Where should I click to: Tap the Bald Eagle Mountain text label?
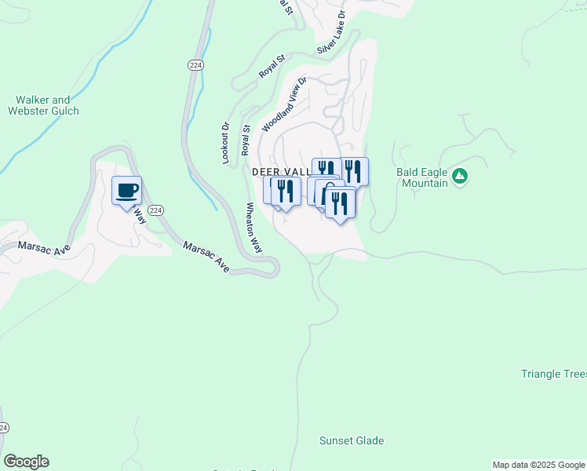click(421, 177)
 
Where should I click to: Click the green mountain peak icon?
click(460, 176)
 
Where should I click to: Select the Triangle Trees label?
click(554, 374)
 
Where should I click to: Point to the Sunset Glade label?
click(352, 440)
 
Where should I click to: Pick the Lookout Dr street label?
click(224, 142)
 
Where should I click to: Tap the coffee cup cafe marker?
click(126, 190)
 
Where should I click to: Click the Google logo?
click(26, 462)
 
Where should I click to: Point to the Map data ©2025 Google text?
click(538, 465)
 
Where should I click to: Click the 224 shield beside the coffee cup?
click(155, 210)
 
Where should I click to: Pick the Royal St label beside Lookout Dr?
click(246, 140)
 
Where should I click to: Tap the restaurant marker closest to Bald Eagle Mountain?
click(355, 171)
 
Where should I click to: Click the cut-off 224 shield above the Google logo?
click(4, 428)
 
